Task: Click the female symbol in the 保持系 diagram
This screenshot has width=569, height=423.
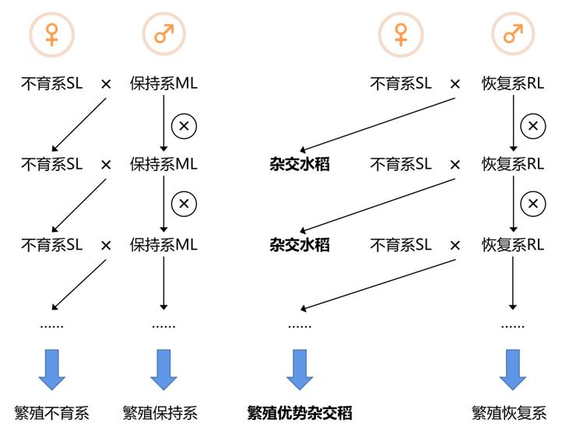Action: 51,34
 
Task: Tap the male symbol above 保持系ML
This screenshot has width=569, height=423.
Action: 163,34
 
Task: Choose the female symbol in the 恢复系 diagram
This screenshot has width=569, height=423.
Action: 400,34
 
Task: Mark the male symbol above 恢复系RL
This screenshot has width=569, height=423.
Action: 512,34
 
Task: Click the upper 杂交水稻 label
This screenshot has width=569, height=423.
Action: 300,164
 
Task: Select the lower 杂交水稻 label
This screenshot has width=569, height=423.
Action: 300,245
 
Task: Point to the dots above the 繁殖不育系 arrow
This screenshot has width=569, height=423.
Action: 51,326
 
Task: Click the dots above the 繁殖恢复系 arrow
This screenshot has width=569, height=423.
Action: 512,326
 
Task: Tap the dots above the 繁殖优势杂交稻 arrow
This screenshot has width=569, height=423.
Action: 300,326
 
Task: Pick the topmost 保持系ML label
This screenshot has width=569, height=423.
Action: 163,83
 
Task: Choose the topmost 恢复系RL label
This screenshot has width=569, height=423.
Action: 512,83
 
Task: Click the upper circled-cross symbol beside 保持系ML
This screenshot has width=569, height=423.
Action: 184,124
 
